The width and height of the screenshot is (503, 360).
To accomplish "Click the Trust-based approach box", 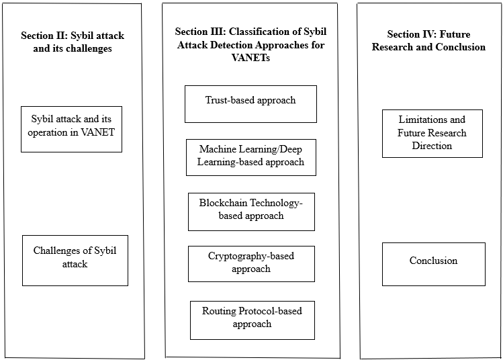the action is coord(250,104).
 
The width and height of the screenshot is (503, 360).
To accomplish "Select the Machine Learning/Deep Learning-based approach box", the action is coord(251,157).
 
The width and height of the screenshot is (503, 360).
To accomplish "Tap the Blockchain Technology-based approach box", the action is coord(251,212).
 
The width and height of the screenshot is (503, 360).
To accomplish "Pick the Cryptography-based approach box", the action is coord(251,264).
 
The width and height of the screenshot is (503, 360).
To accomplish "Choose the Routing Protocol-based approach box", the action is coord(252,320).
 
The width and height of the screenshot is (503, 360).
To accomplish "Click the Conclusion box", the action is coord(434,264).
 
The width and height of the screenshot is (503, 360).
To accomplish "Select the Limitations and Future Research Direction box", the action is coord(432,134).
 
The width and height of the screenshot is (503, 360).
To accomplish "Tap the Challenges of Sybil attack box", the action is coord(75,260).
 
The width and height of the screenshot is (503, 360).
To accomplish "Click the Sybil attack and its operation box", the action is coord(71,129).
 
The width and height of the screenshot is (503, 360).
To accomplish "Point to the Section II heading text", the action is coord(73,42).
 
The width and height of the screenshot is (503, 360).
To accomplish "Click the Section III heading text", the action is coord(250,44).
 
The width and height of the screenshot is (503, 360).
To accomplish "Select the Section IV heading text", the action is coord(428,40).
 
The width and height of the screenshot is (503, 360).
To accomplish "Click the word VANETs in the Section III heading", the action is coord(250,58).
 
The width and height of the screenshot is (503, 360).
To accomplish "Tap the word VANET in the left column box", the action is coord(97,132).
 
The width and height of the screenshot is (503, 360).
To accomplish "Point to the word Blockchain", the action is coord(223,203).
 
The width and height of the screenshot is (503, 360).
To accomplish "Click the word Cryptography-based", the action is coord(251,256).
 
